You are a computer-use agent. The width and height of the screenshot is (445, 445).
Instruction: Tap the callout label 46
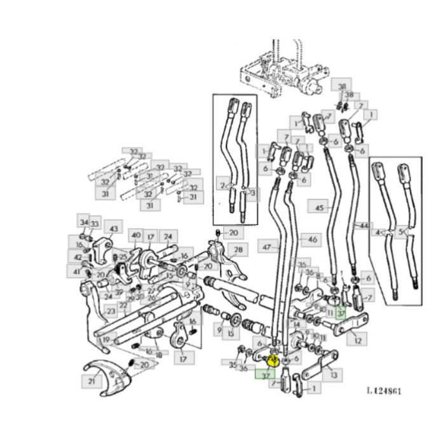[311, 240]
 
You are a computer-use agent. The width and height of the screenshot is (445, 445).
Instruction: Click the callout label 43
[114, 228]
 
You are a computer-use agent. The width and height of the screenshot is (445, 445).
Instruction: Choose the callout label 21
[92, 380]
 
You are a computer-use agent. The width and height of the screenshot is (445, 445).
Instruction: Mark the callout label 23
[111, 311]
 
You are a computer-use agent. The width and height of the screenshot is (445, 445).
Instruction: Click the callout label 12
[358, 340]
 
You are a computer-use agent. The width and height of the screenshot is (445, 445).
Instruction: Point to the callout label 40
[135, 236]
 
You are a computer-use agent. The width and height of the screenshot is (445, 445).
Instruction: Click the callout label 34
[83, 222]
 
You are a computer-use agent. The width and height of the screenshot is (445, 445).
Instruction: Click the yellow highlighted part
[273, 360]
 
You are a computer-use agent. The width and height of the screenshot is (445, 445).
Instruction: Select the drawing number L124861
[383, 391]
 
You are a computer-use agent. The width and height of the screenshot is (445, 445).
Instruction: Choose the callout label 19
[106, 339]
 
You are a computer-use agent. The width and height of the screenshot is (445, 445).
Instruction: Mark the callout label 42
[77, 257]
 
